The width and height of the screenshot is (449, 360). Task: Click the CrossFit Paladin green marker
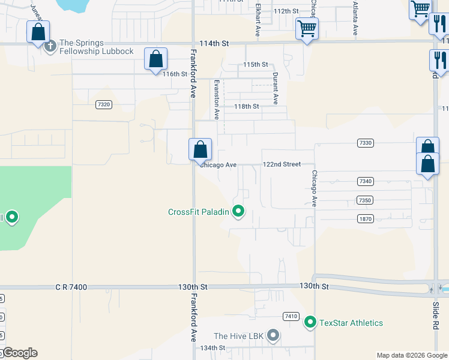238,211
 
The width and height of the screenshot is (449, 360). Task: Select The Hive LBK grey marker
273,335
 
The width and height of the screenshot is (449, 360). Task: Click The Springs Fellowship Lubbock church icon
50,44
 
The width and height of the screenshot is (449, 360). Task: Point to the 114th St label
215,44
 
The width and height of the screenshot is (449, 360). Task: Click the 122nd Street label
282,164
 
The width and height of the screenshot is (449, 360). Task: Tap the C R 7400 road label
70,287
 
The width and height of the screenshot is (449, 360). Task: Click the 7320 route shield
103,104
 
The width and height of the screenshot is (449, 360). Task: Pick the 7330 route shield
365,143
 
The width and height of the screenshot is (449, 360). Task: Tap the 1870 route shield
365,219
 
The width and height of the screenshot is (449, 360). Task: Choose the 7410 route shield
291,316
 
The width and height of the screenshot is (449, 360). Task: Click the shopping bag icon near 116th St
155,59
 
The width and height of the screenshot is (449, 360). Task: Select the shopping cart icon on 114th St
307,28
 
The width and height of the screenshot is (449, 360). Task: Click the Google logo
19,353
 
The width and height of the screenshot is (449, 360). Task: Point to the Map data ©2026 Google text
412,355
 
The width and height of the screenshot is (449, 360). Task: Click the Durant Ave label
276,89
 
